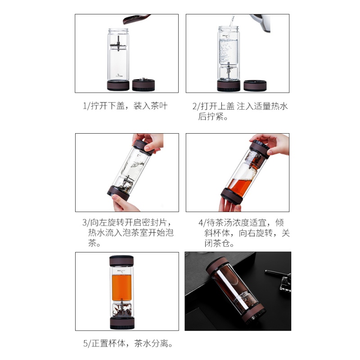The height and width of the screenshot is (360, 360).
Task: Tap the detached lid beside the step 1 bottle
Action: (x=144, y=85)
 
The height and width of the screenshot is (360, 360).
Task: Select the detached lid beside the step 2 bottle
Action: (x=255, y=85)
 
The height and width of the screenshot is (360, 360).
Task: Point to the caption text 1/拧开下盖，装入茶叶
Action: (x=126, y=106)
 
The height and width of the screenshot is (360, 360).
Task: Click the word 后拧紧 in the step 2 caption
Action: (x=211, y=117)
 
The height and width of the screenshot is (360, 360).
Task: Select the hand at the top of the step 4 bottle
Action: (x=273, y=144)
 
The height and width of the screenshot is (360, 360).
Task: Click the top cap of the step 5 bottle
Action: (x=121, y=261)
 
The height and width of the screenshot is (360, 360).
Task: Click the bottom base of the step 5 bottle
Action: (x=121, y=323)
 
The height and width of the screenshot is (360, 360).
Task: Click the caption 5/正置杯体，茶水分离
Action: (x=128, y=344)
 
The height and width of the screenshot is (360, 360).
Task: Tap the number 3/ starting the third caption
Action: (x=86, y=222)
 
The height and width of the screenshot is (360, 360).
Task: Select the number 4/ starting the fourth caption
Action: (x=202, y=223)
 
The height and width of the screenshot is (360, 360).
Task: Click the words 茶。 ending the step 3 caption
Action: (x=94, y=243)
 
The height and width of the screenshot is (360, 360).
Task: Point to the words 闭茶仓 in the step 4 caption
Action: (x=217, y=243)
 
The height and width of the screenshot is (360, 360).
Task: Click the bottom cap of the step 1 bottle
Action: (x=118, y=85)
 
